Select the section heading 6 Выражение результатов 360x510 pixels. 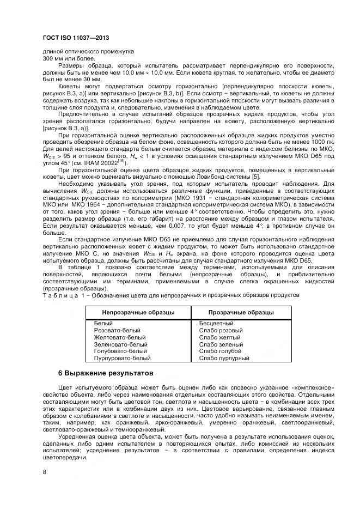pyautogui.click(x=106, y=373)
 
